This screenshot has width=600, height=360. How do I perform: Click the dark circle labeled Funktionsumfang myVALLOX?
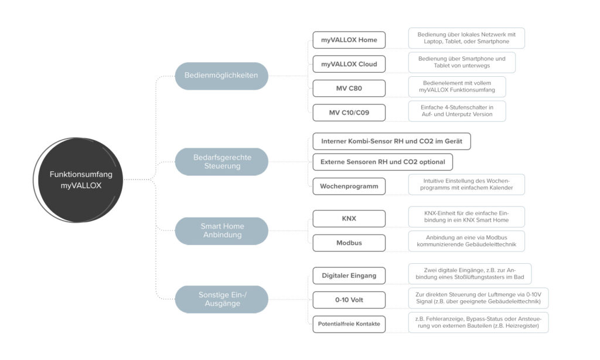coord(81,180)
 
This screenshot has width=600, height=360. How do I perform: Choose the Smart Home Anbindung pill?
coord(222,230)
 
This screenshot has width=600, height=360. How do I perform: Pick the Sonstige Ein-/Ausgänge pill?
coord(222,299)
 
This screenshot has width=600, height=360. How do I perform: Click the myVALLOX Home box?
coord(349,40)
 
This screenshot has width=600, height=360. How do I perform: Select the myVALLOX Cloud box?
coord(349,64)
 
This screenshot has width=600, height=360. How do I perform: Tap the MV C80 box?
coord(349,88)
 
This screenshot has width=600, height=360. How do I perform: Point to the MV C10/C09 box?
coord(349,112)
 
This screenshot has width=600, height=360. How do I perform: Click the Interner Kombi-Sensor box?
coord(391,141)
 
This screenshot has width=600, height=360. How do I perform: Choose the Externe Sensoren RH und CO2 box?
coord(383,161)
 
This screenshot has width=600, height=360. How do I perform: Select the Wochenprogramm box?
coord(349,186)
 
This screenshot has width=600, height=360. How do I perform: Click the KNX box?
coord(349,219)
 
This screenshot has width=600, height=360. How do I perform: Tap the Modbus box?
coord(349,243)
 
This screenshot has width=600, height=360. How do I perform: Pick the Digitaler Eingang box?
coord(349,275)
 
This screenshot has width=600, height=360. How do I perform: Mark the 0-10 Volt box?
coord(349,300)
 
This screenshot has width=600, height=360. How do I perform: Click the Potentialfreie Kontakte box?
coord(349,324)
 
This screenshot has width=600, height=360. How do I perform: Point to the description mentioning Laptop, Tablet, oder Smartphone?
coord(466,38)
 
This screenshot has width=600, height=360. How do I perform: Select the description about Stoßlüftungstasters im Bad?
coord(470,274)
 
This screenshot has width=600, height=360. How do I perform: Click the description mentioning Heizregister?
coord(478,322)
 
